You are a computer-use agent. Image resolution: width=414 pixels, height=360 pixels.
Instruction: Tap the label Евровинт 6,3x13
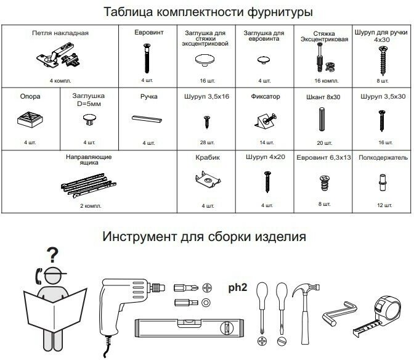pyautogui.click(x=323, y=158)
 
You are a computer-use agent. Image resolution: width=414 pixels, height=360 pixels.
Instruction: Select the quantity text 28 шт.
pyautogui.click(x=206, y=143)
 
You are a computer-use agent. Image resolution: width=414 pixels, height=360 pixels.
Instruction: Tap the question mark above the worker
pyautogui.click(x=54, y=253)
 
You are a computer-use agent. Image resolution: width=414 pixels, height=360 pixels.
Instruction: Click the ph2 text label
pyautogui.click(x=238, y=288)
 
